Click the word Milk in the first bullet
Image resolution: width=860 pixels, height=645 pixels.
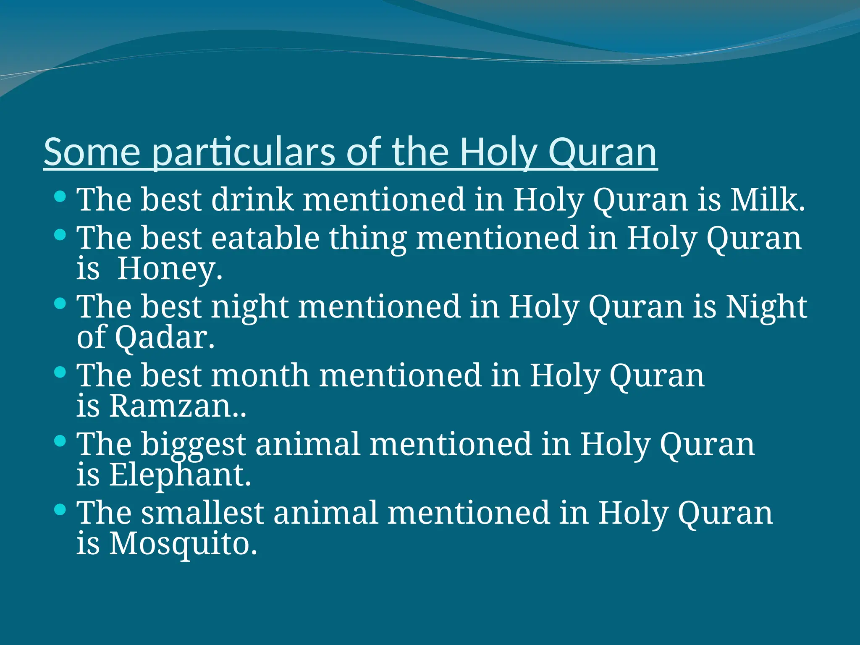pos(766,199)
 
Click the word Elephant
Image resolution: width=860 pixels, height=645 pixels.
pos(179,475)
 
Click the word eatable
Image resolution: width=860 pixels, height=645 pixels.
pos(265,238)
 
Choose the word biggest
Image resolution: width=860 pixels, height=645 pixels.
pos(193,444)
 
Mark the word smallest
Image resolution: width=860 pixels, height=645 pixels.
pos(202,513)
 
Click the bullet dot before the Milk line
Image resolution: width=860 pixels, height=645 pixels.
pos(60,196)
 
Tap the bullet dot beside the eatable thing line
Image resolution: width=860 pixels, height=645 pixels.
pos(60,234)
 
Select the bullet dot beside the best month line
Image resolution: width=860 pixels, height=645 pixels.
pos(60,372)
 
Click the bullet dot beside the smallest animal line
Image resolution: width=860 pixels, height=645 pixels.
pos(60,509)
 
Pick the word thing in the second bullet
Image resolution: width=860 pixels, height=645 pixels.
pos(368,238)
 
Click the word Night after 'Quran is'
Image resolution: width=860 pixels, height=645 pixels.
pos(766,307)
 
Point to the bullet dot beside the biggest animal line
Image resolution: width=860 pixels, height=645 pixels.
pos(60,440)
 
